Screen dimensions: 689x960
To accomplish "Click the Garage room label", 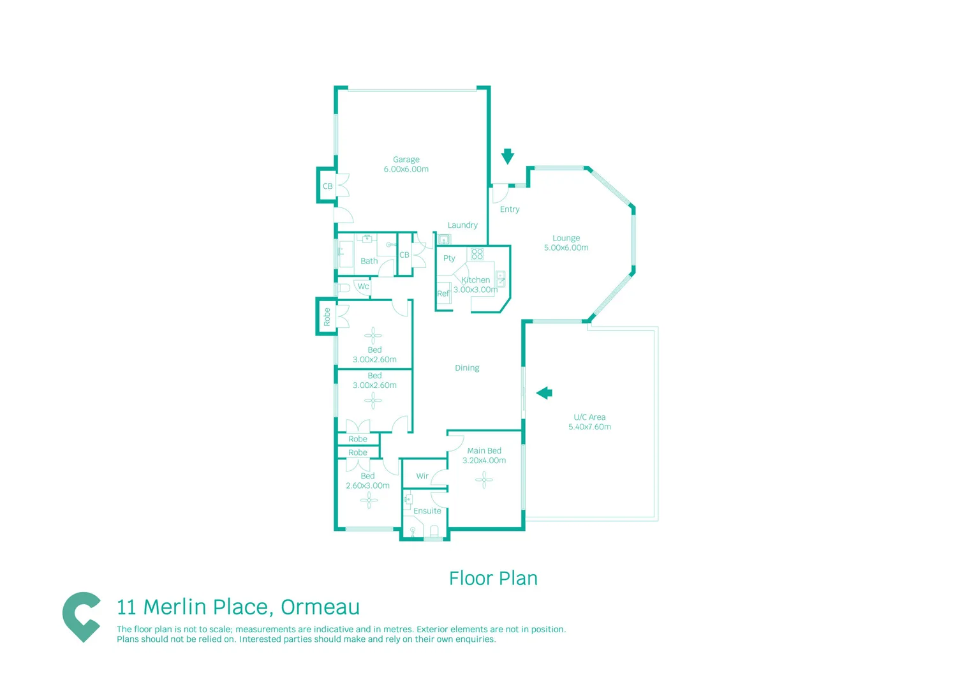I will coord(406,159).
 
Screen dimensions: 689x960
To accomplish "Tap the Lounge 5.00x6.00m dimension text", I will coord(566,248).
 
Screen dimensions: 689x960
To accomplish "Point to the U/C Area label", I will coord(589,417).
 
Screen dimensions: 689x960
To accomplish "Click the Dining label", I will coord(467,368).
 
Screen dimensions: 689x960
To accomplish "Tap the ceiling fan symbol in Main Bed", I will coord(484,479).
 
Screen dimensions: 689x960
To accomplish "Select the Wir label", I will coord(422,476).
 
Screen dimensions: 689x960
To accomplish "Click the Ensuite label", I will coord(427,511).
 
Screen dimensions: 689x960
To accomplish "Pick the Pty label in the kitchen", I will coord(449,258).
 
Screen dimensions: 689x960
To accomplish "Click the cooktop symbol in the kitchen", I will coord(477,254).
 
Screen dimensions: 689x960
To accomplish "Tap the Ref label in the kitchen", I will coord(443,293).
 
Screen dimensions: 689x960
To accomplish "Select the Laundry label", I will coord(462,225).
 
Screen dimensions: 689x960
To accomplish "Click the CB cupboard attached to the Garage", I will coord(327,186).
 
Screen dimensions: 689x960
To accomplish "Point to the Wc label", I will coord(363,286).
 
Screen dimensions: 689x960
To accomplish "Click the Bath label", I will coord(369,261).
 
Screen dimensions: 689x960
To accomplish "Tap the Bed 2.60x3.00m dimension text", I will coord(367,485).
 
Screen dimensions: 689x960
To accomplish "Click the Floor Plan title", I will coord(493,579).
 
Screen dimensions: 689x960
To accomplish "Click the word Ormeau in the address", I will coord(320,607).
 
